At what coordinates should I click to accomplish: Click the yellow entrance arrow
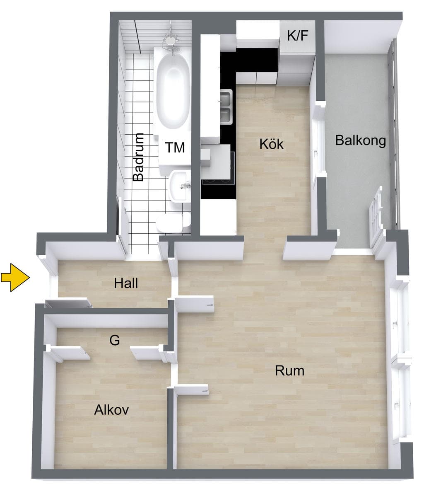pos(15,277)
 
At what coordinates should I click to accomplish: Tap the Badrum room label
pos(138,157)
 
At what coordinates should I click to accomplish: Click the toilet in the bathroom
pos(173,223)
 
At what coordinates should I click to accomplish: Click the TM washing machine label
pos(175,147)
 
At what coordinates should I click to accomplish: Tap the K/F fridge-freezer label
pos(297,36)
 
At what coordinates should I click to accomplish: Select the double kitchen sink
pos(226,107)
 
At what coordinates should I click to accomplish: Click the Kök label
pos(271,144)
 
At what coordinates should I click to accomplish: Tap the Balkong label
pos(360,140)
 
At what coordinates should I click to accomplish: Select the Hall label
pos(126,283)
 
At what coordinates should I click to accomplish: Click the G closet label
pos(114,340)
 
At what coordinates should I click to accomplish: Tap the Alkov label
pos(111,410)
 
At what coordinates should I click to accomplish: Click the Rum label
pos(289,370)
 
